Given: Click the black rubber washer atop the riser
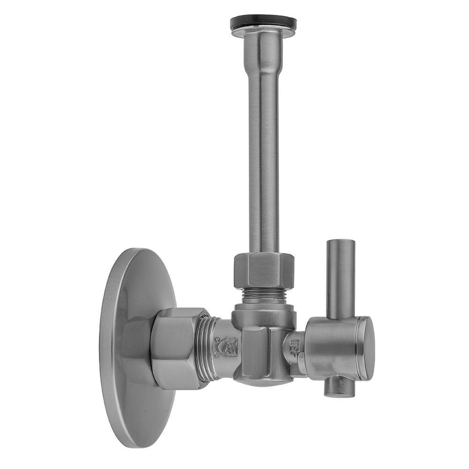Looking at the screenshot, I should coord(263,22).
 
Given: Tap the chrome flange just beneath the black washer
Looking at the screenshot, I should coord(263,32).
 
